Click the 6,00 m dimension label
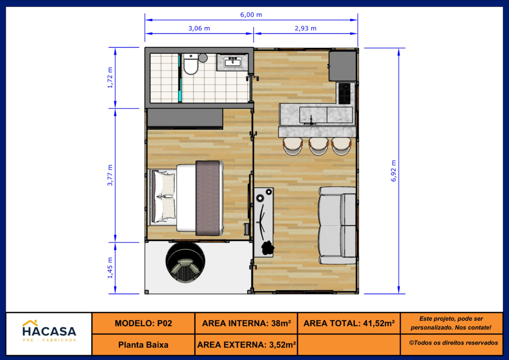point(251,14)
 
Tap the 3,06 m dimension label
point(199,28)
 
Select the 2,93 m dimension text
point(306,28)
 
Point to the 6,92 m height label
point(394,171)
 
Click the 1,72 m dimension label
point(110,78)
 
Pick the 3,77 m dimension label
point(110,176)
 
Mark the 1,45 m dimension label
point(110,268)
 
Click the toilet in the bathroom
point(191,64)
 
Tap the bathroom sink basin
point(233,61)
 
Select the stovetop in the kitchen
point(344,93)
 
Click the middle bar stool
point(319,146)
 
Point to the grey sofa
point(338,225)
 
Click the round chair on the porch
point(185,263)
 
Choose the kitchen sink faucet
point(311,120)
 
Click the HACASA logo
point(49,331)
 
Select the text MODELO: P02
point(143,323)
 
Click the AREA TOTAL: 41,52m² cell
point(349,323)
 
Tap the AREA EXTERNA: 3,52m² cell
point(247,345)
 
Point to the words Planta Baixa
point(143,345)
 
